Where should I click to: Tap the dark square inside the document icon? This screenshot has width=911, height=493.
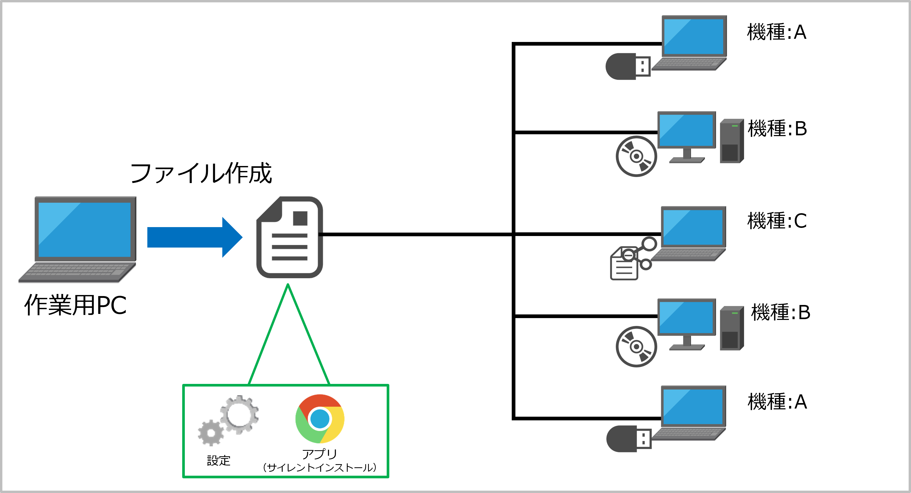click(x=300, y=218)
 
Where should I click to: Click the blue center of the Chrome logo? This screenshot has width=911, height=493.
click(x=320, y=419)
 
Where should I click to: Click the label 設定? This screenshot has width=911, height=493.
click(x=219, y=460)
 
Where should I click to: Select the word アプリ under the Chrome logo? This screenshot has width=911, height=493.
click(x=319, y=454)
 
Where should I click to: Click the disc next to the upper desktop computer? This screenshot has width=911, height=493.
click(x=636, y=156)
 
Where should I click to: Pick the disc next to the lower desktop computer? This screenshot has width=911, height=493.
click(x=636, y=347)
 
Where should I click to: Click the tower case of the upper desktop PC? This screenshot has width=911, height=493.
click(x=731, y=141)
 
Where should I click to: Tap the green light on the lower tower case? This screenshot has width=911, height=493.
click(x=735, y=313)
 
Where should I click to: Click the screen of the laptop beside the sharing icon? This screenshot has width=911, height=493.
click(x=693, y=227)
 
